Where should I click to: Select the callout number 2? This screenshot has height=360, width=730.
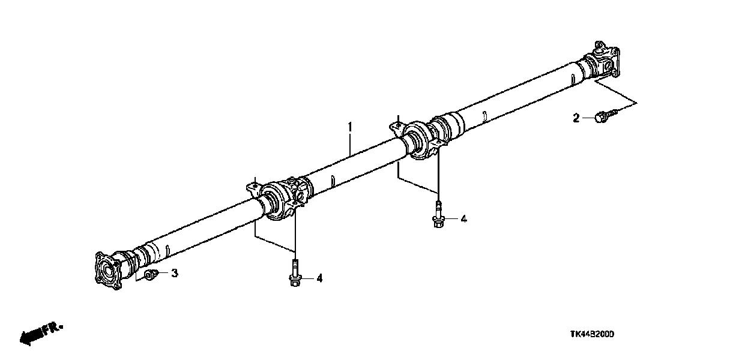click(x=576, y=119)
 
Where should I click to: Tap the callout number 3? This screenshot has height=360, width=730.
click(x=175, y=274)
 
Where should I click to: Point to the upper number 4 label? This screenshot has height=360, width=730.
click(x=463, y=220)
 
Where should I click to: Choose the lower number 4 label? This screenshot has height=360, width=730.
click(x=319, y=278)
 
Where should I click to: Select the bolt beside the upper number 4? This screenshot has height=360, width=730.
click(x=439, y=214)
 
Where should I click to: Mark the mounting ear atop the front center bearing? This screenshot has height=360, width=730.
click(x=253, y=189)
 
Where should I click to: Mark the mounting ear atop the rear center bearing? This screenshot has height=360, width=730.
click(x=395, y=126)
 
